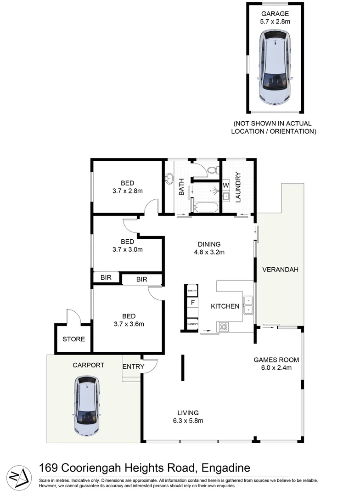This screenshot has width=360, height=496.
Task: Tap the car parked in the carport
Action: click(x=87, y=406)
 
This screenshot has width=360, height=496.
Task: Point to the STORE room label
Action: click(x=74, y=339)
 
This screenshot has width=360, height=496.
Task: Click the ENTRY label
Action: click(x=134, y=366)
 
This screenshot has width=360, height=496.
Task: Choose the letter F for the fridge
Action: click(x=193, y=303)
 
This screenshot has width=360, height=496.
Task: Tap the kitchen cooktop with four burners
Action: click(x=225, y=327)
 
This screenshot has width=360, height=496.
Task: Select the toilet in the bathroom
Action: click(x=212, y=170)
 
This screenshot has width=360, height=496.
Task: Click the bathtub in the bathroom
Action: click(x=206, y=208)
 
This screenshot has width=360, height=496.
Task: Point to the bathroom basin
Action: click(x=169, y=178)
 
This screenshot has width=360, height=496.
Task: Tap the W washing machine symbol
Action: click(x=226, y=185)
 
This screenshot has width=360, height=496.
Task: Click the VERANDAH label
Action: click(x=280, y=270)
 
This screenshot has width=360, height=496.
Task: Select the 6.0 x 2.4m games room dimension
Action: click(x=276, y=367)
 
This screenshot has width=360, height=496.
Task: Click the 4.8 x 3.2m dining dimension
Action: click(x=209, y=252)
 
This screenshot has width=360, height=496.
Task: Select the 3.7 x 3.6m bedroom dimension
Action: click(x=129, y=324)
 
